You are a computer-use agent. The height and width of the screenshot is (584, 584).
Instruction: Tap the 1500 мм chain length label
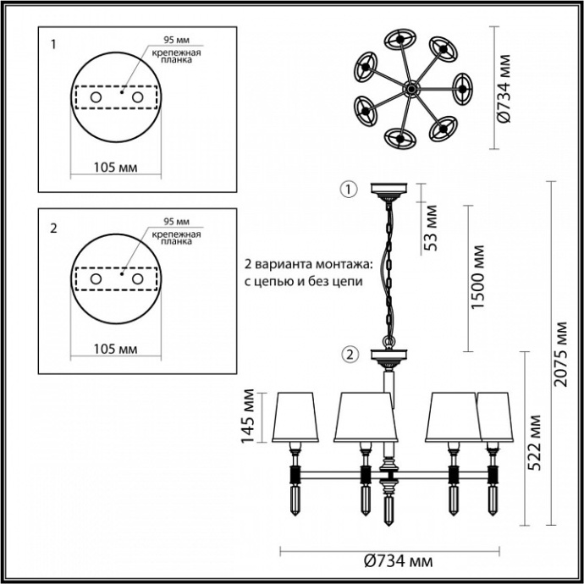pyautogui.click(x=479, y=278)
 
